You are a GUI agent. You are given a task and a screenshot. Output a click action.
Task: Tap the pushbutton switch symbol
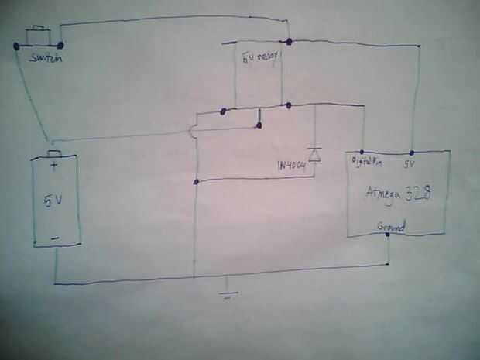coord(37,35)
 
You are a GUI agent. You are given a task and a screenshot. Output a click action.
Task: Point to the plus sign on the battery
coord(53,165)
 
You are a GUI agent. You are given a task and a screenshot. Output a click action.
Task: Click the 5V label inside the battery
coord(53,201)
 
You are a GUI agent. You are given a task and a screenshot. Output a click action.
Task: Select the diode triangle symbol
coord(314,153)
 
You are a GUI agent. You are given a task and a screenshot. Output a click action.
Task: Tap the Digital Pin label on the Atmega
coord(368,162)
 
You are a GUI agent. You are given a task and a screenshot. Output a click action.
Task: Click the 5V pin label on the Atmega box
coord(410,163)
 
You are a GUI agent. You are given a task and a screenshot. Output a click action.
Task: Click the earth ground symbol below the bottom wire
coord(226,295)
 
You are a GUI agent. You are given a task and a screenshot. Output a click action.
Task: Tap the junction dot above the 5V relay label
coord(288,40)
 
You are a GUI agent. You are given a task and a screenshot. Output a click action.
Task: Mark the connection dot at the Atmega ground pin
coord(387,235)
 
